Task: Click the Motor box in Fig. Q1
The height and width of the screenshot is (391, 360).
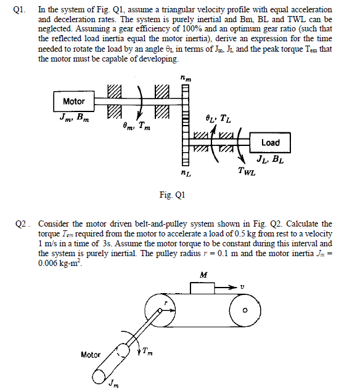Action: (74, 101)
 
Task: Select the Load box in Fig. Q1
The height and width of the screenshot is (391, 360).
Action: (270, 143)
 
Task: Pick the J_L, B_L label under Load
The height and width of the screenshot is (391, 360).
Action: (271, 162)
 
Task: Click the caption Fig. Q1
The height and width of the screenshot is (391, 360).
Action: (172, 195)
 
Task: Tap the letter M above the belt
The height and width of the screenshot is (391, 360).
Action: (203, 275)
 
